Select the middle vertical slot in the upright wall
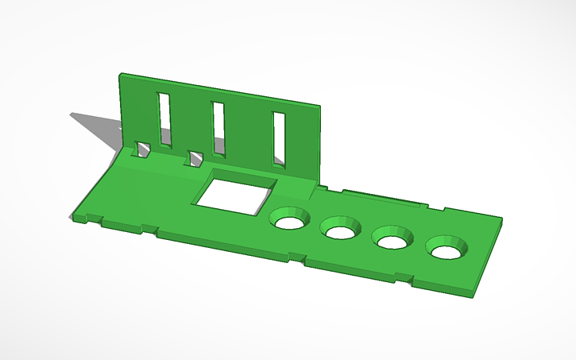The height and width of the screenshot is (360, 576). [218, 129]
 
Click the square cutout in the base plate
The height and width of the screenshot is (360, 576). [236, 194]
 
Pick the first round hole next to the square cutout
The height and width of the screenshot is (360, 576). [290, 220]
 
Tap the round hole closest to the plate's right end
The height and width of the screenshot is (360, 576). [446, 250]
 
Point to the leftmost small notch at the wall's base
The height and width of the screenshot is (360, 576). [144, 150]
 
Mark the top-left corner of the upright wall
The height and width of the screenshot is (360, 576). [122, 75]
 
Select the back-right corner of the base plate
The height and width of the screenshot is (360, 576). [502, 219]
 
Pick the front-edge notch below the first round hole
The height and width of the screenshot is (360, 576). [296, 257]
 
